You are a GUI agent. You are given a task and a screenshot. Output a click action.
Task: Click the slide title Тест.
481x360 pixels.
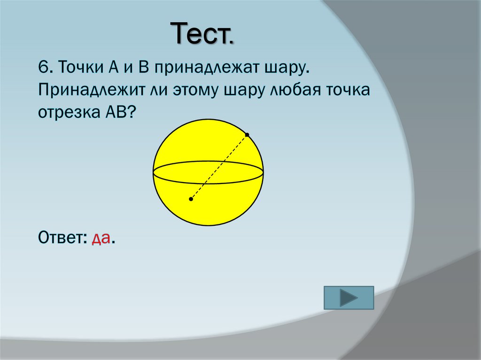[203, 34]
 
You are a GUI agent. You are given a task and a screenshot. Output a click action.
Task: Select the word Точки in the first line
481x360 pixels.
[81, 67]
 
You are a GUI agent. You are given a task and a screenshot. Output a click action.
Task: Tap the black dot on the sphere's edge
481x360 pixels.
[247, 135]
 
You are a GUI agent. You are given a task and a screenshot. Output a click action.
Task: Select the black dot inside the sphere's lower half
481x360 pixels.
[191, 199]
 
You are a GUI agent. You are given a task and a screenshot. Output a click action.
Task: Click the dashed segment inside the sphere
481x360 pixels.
[219, 167]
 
